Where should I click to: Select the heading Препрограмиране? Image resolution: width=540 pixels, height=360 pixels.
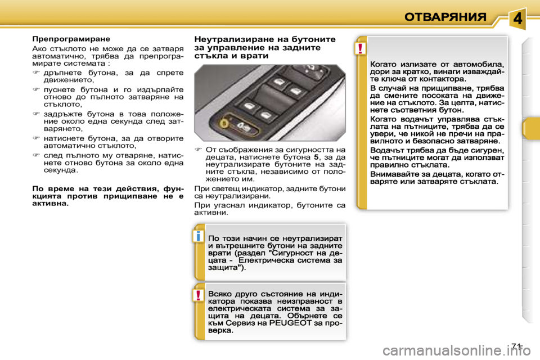pos(70,39)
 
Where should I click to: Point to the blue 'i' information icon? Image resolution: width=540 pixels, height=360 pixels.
pos(199,236)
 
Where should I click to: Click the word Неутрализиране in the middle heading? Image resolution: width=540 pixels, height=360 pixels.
pos(228,39)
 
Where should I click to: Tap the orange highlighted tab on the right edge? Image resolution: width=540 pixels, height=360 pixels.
pos(529,129)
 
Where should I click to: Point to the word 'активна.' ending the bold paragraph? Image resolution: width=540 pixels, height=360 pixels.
pos(51,204)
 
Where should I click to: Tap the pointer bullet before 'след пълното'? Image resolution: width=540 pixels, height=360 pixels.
pos(35,154)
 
